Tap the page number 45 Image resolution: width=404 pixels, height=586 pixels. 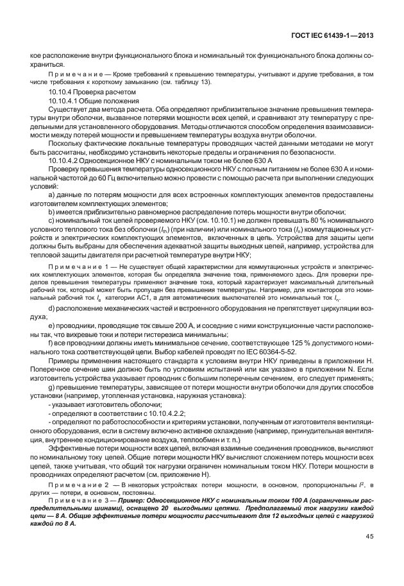click(370, 555)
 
